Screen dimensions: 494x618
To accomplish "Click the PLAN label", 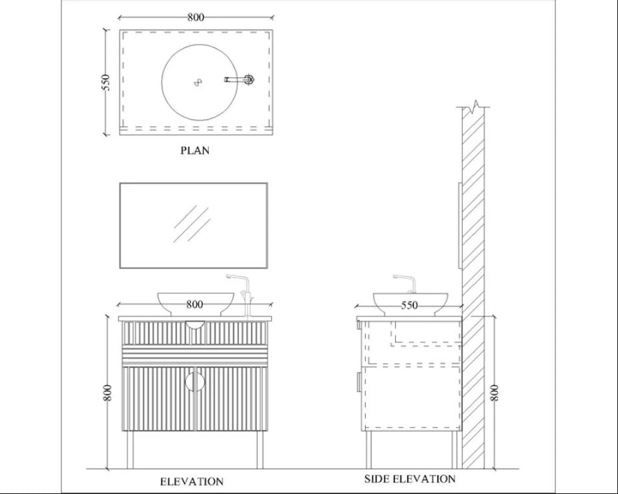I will pyautogui.click(x=195, y=150).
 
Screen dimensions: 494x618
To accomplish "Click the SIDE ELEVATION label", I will pyautogui.click(x=410, y=479).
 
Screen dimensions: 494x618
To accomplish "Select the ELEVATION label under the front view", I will pyautogui.click(x=192, y=481).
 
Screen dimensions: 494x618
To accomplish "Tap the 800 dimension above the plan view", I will pyautogui.click(x=196, y=17).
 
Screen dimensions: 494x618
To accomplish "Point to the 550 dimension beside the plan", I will pyautogui.click(x=105, y=83).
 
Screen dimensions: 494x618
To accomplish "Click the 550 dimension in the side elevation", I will pyautogui.click(x=409, y=305).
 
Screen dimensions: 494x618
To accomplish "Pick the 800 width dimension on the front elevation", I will pyautogui.click(x=194, y=304).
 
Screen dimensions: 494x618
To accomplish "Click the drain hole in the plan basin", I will pyautogui.click(x=198, y=82).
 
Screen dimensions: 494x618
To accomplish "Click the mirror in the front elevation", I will pyautogui.click(x=194, y=225).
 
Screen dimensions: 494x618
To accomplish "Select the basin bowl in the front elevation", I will pyautogui.click(x=196, y=302).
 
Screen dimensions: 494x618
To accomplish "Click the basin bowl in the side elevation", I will pyautogui.click(x=409, y=302).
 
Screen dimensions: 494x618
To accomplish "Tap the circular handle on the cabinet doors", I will pyautogui.click(x=194, y=382).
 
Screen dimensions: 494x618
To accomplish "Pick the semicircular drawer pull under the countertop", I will pyautogui.click(x=195, y=324).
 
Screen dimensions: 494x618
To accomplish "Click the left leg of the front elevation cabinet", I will pyautogui.click(x=127, y=450).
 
